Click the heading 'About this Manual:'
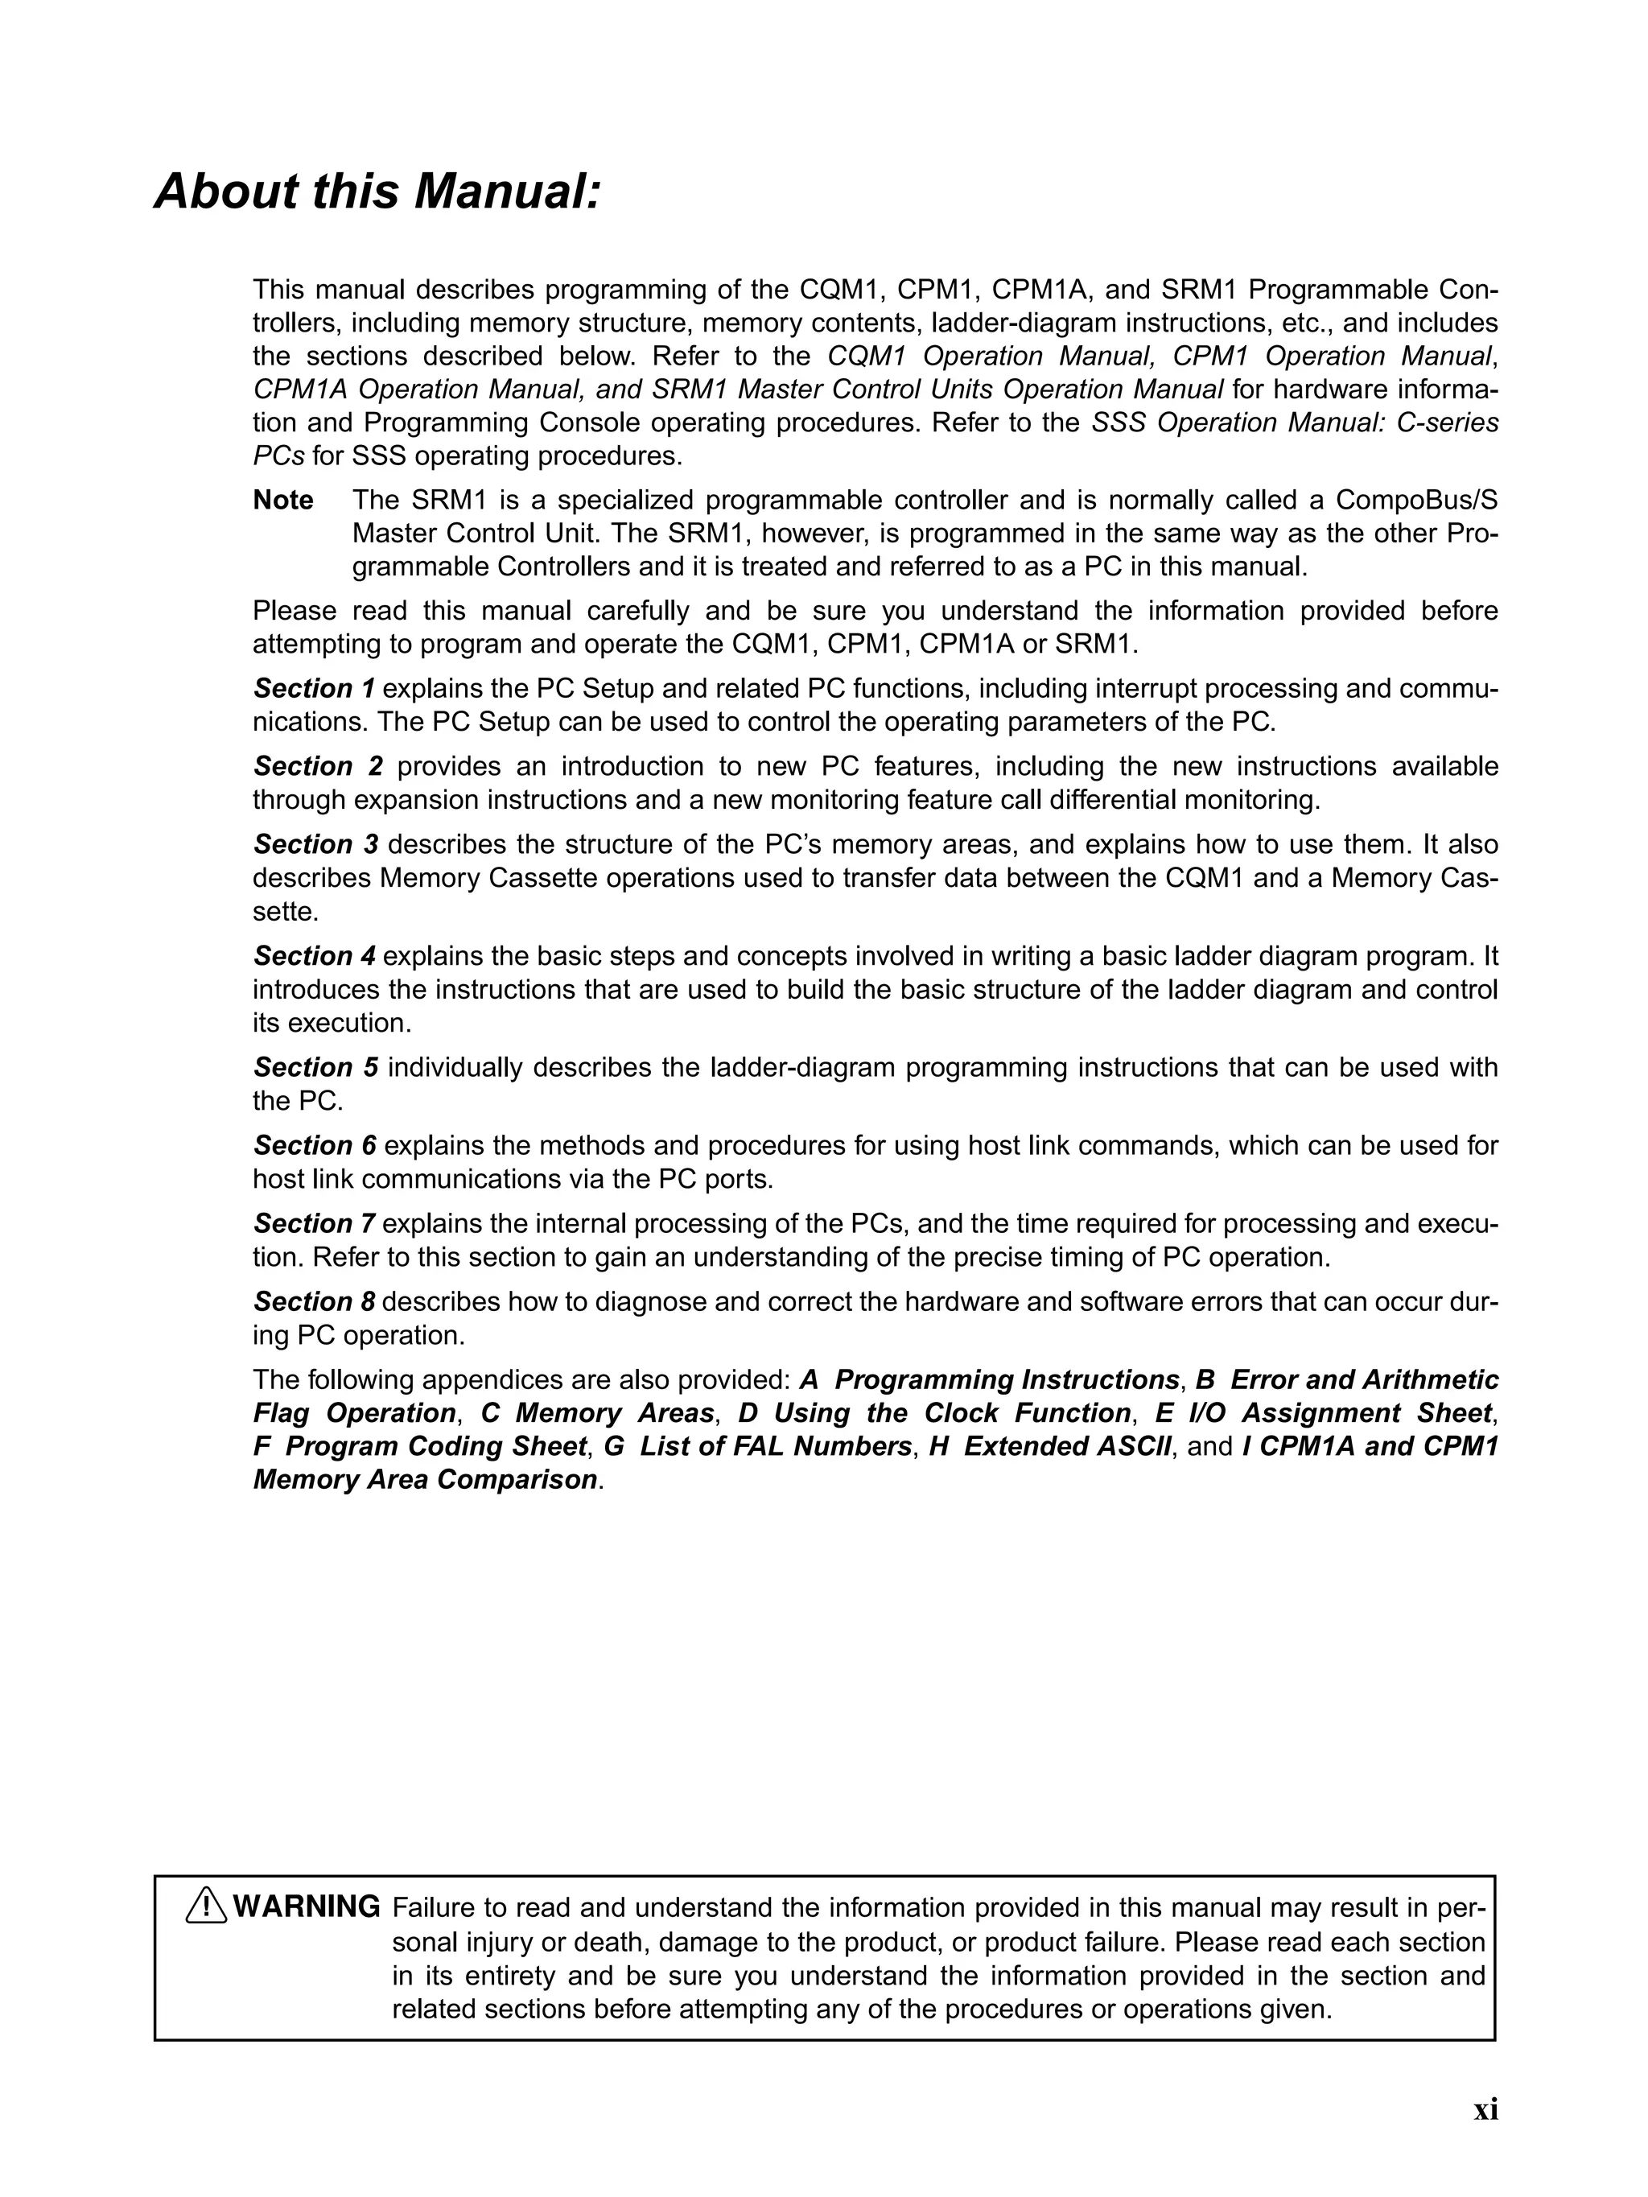pos(377,192)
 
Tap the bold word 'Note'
pos(283,501)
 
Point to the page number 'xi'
pos(1485,2137)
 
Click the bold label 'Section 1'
pos(314,688)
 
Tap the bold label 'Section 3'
pos(316,844)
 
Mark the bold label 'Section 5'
pos(316,1067)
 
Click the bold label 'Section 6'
pos(314,1145)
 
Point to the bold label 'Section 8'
pos(314,1301)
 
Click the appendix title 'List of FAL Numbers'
pos(775,1446)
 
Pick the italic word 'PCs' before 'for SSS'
pos(278,457)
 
